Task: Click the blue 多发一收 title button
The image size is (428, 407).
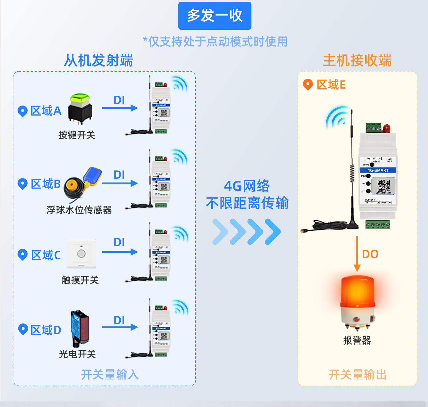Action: click(215, 16)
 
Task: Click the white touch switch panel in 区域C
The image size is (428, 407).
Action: click(81, 254)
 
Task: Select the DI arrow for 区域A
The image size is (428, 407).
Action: click(120, 108)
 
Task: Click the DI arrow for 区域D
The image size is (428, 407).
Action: click(120, 327)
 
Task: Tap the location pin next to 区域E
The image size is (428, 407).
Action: click(308, 84)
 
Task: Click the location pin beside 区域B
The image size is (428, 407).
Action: click(23, 184)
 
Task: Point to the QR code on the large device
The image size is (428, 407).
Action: click(384, 186)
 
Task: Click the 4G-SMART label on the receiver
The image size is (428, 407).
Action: click(378, 170)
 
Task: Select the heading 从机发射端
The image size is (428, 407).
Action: click(98, 61)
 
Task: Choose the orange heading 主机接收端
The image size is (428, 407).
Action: click(357, 61)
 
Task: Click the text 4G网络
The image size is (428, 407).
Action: click(247, 186)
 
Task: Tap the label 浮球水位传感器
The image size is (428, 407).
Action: click(79, 210)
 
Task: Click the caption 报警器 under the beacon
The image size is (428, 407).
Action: click(357, 340)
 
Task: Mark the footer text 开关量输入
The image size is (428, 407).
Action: click(110, 375)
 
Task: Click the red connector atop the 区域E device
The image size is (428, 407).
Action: click(386, 128)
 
